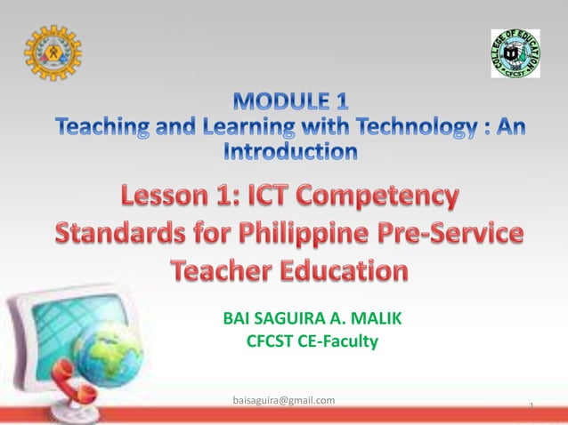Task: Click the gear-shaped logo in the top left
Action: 53,52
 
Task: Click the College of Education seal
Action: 515,53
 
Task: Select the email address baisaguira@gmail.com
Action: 283,400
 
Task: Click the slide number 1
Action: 531,406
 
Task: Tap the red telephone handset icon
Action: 77,386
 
